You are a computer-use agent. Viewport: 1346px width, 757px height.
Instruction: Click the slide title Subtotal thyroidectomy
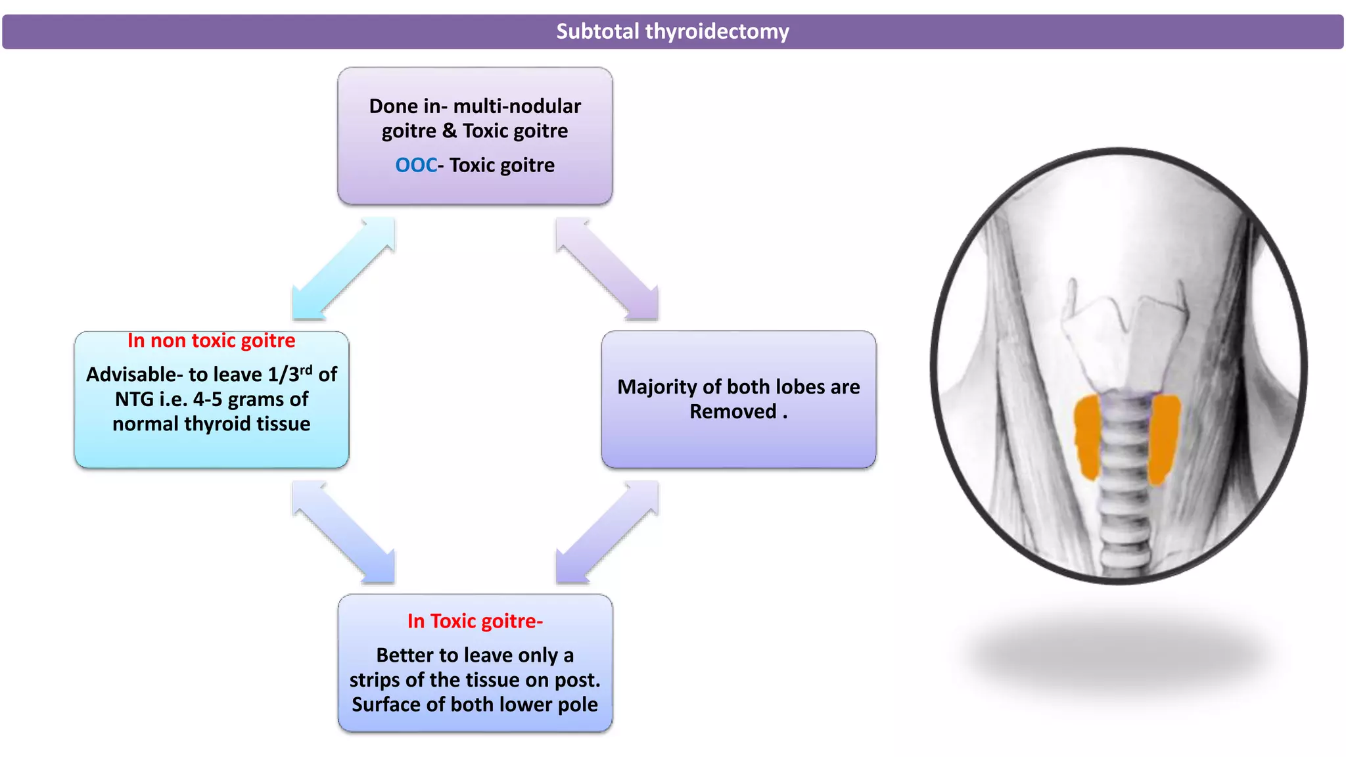pyautogui.click(x=672, y=32)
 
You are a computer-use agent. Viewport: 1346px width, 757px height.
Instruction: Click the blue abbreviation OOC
pyautogui.click(x=415, y=165)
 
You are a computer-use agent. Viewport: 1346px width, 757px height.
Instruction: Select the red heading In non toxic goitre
pyautogui.click(x=211, y=340)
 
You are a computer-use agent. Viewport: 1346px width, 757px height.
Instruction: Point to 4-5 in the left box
pyautogui.click(x=207, y=400)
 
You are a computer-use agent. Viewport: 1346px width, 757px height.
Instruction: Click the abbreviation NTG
pyautogui.click(x=134, y=400)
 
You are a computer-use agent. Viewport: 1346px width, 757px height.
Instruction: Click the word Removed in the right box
pyautogui.click(x=732, y=412)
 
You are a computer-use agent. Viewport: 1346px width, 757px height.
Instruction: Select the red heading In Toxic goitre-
pyautogui.click(x=475, y=621)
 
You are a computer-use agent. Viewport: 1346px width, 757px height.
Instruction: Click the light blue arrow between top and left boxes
pyautogui.click(x=343, y=269)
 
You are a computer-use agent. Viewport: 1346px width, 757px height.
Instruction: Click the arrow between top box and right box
pyautogui.click(x=607, y=269)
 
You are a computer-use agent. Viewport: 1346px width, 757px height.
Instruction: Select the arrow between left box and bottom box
pyautogui.click(x=343, y=532)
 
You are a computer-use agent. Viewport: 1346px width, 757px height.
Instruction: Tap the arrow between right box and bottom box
pyautogui.click(x=607, y=532)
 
